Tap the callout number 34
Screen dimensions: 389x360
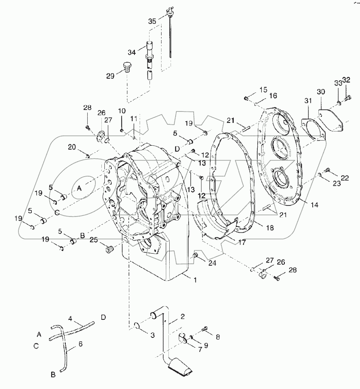coord(131,52)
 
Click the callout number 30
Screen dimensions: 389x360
coord(321,92)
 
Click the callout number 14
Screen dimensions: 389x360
coord(314,205)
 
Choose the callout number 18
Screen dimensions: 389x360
coord(269,228)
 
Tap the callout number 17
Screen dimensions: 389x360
coord(241,242)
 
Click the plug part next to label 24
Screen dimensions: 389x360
coord(195,257)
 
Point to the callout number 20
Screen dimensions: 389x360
coord(72,147)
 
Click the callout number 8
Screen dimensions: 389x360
coord(217,337)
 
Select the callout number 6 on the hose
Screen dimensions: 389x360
coord(80,344)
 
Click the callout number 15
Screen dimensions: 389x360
coord(262,89)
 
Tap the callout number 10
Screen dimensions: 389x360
coord(122,112)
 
